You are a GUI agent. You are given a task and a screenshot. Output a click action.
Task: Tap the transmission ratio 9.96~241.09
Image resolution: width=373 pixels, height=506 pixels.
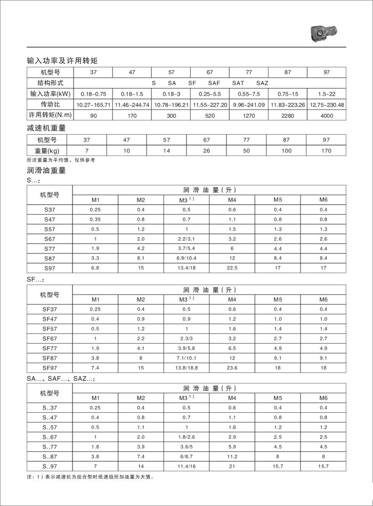(249, 104)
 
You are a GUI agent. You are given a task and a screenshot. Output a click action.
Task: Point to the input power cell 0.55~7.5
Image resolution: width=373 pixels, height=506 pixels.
(249, 94)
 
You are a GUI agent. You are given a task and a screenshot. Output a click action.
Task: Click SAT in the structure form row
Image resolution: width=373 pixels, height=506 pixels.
(238, 83)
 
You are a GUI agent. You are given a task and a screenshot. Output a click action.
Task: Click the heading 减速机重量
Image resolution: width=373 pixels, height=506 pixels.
(46, 128)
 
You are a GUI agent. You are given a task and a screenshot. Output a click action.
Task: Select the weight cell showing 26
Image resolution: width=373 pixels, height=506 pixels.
(206, 151)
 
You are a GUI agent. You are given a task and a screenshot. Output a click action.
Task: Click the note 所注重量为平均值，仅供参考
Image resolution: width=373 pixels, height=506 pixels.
(61, 160)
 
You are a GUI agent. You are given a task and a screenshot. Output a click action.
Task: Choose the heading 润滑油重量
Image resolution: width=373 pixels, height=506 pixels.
(46, 171)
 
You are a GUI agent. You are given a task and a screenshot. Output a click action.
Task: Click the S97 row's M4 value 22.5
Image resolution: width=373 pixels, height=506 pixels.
(232, 267)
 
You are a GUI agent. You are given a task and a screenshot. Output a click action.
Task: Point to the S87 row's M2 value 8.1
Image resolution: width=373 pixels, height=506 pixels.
(141, 258)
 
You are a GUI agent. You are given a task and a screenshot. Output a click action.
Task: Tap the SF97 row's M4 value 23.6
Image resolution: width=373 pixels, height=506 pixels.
(232, 368)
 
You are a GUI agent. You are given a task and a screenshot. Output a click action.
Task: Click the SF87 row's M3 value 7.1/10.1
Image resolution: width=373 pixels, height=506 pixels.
(186, 358)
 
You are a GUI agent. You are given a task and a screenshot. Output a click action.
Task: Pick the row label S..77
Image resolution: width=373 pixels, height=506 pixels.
(50, 446)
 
